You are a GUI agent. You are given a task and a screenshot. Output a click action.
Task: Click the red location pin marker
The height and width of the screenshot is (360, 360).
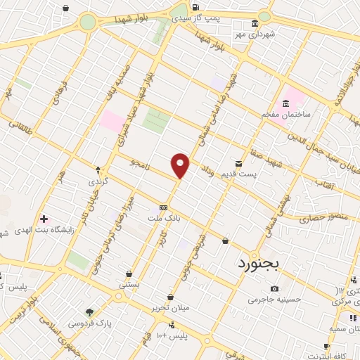[181, 165]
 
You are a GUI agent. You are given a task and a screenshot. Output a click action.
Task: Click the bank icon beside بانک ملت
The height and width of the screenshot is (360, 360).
[164, 208]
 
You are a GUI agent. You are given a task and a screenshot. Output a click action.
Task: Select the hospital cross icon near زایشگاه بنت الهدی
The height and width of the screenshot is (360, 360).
[44, 220]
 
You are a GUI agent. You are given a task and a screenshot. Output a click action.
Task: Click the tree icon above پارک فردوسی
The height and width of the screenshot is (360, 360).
[90, 313]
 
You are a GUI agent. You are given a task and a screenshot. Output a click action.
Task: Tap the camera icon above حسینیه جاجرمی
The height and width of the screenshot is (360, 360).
[274, 288]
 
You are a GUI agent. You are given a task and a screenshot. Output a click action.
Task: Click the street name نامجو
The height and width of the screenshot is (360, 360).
[141, 162]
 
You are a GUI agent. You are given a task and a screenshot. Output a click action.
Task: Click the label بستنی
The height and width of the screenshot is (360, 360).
[129, 285]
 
